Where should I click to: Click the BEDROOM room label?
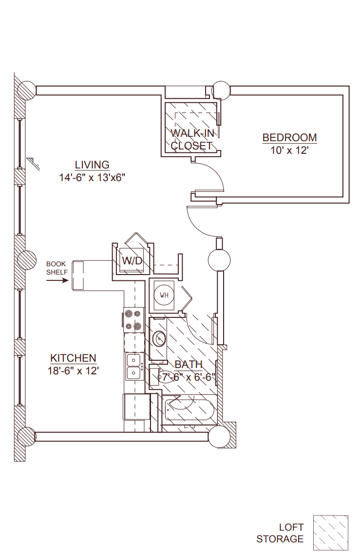[289, 138]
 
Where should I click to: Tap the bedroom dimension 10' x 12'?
[289, 150]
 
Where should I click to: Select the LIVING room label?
[92, 165]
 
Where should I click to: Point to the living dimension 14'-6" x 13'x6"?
[92, 178]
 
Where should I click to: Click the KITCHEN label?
[73, 358]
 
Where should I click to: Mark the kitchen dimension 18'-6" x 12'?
[73, 371]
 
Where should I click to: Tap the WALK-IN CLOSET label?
[191, 139]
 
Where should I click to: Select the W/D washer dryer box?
[132, 261]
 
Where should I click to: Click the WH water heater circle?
[164, 295]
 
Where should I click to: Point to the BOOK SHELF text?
[56, 268]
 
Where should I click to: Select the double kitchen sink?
[133, 367]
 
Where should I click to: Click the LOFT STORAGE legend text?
[280, 533]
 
